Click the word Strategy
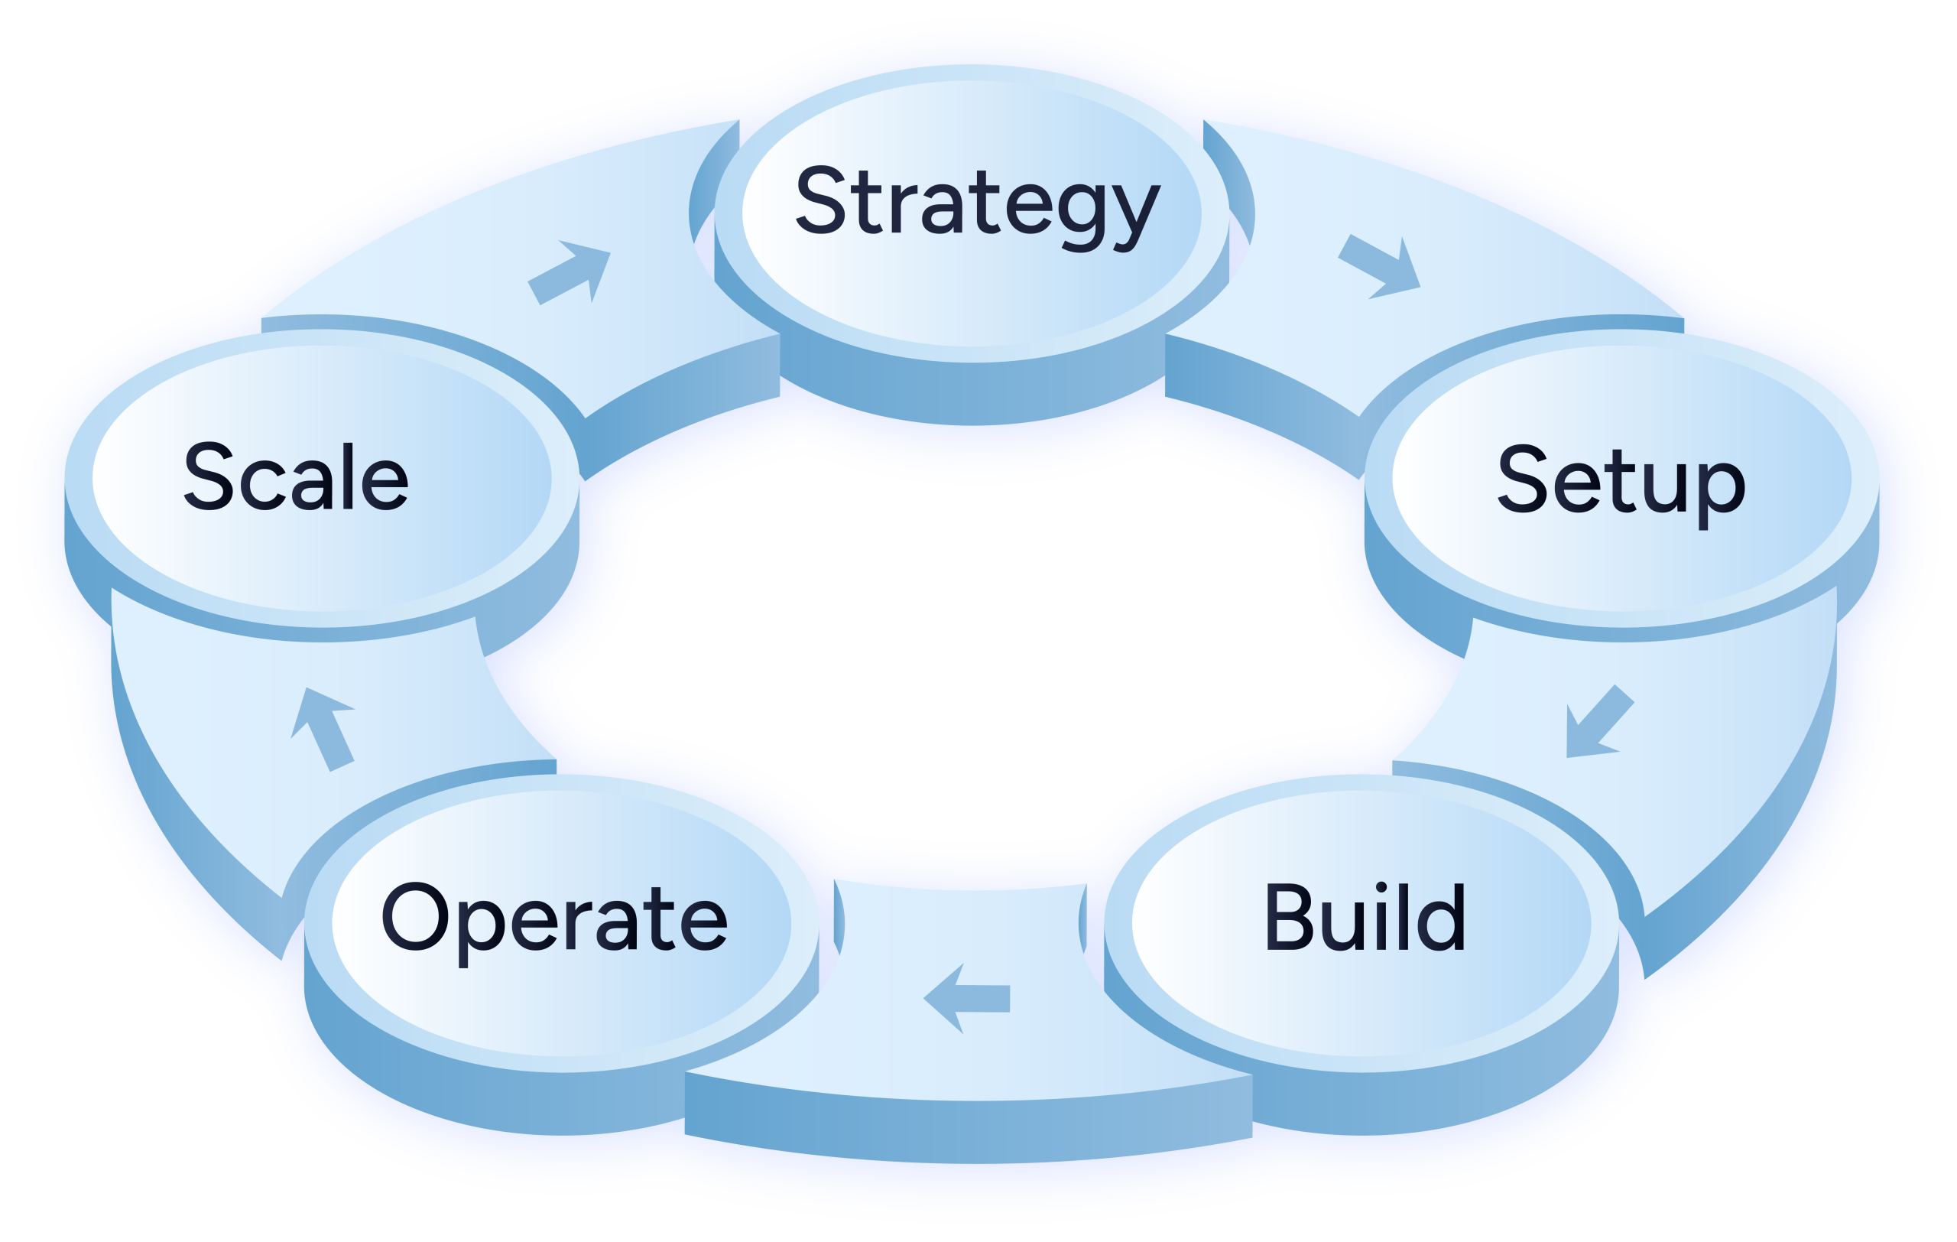pos(975,203)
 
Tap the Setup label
pos(1621,481)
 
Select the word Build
pos(1365,918)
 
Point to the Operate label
pos(554,918)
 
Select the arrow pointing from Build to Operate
pos(967,998)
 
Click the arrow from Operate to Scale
pos(323,727)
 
